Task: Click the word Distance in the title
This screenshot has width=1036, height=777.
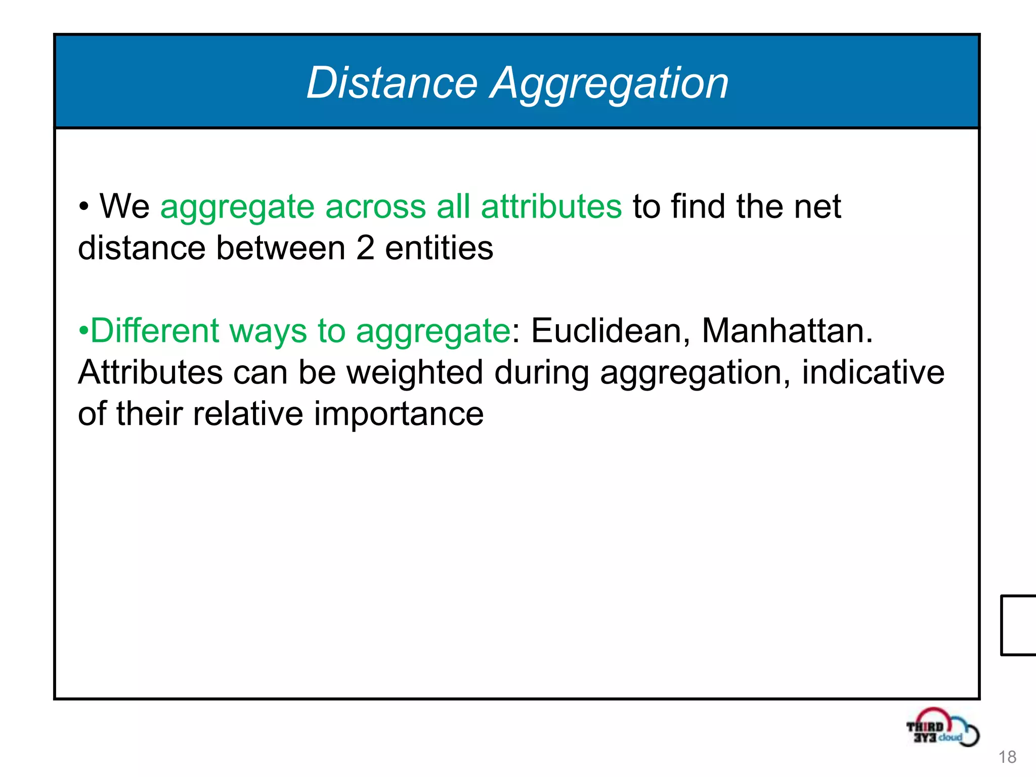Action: pos(392,82)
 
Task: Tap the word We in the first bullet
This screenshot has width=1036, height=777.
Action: pos(124,206)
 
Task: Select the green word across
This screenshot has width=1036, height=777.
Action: pos(375,207)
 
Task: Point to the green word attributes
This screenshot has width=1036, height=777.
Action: pos(551,206)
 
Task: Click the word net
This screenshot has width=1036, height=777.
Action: pos(817,206)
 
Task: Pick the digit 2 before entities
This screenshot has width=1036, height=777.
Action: pos(365,248)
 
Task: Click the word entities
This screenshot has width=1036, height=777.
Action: pos(439,248)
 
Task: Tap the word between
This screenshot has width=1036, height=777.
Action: pos(281,248)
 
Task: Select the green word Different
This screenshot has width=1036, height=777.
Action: pos(155,331)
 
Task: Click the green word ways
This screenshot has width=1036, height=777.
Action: pos(268,332)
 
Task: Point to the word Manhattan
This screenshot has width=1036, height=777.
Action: pos(787,331)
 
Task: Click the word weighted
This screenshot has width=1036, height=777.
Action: pos(415,373)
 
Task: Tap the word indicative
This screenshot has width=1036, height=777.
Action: pos(873,372)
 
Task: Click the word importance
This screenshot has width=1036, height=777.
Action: pos(399,415)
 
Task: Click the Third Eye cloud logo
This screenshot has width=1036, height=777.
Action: pos(942,728)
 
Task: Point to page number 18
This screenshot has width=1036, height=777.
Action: pos(1007,757)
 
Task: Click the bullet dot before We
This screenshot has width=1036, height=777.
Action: pos(84,207)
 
